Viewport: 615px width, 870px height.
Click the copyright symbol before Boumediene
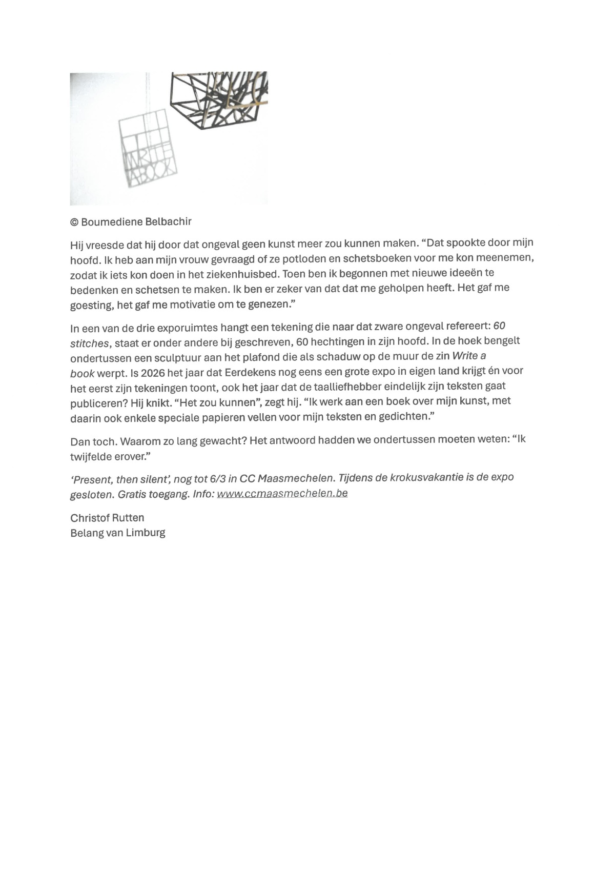tap(74, 222)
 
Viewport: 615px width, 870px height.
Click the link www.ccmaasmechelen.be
tap(282, 493)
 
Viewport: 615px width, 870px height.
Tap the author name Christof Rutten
tap(107, 517)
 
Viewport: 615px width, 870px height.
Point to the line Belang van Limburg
tap(118, 533)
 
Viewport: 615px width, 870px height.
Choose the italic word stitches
tap(89, 343)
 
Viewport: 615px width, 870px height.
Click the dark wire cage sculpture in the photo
tap(220, 100)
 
